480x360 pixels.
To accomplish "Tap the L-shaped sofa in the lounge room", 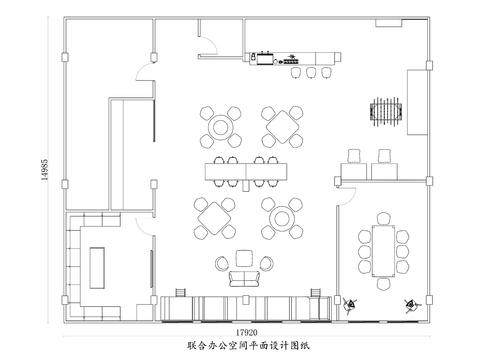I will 76,262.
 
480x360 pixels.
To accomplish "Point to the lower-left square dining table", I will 216,217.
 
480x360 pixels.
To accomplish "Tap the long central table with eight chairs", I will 244,171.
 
